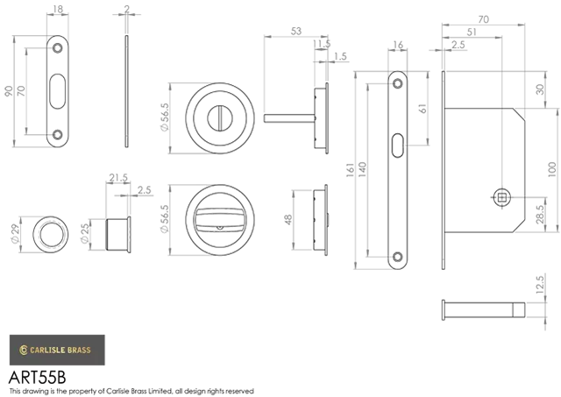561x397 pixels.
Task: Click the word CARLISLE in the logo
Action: tap(47, 351)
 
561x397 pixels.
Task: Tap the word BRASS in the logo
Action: tap(79, 351)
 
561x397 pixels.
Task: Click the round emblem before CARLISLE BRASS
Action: tap(24, 351)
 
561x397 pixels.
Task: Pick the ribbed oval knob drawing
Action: tap(219, 218)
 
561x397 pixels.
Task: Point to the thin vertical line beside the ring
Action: tap(130, 233)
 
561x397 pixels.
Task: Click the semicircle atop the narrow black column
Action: tap(398, 78)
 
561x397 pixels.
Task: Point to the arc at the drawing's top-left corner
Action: tap(58, 41)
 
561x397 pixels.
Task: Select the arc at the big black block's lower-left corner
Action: tap(52, 138)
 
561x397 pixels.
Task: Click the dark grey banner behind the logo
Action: tap(280, 351)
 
